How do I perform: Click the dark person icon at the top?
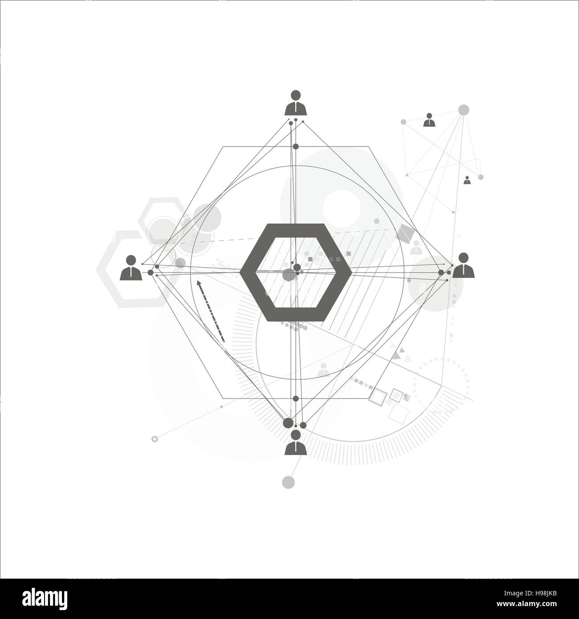point(295,103)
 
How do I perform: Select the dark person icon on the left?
point(131,268)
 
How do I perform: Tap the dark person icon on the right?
point(463,265)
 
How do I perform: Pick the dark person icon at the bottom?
point(295,443)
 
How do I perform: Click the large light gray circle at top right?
point(464,110)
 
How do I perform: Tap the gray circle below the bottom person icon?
point(289,482)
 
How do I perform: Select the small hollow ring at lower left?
point(155,439)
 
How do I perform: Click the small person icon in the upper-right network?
point(429,120)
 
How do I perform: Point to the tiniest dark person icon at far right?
point(467,180)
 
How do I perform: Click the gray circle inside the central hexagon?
point(289,275)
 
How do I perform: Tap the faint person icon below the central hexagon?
point(324,369)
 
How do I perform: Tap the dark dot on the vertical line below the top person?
point(295,146)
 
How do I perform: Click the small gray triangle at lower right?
point(398,356)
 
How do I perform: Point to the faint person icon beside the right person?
point(416,248)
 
